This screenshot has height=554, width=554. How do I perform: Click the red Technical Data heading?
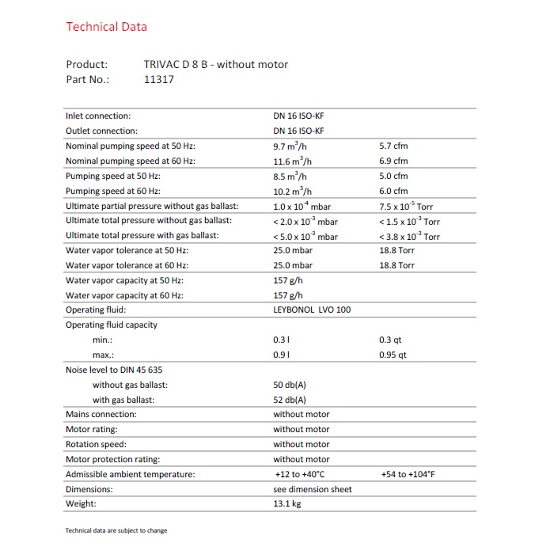coord(106,27)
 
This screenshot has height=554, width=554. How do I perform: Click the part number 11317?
coord(159,79)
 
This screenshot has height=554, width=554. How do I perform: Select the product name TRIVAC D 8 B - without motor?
coord(215,64)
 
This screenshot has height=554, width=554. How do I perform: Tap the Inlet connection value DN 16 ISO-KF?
coord(298,116)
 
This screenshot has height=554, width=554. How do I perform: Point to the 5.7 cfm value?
coord(393,146)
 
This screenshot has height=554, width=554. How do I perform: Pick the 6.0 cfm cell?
coord(393,191)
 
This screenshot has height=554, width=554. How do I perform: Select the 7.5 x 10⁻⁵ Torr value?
coord(406,206)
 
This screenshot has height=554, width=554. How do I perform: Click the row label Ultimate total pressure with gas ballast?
coord(142,236)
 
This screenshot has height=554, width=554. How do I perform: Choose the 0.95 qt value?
coord(393,355)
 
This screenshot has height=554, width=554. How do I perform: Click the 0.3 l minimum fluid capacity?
coord(281,340)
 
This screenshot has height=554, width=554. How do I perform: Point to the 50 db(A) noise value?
coord(289,385)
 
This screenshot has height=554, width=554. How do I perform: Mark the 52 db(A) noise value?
coord(289,400)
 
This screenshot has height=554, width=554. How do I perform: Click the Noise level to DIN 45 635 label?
coord(114,370)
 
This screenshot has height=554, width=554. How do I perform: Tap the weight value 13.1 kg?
coord(287,503)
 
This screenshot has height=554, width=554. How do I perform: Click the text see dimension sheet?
coord(313,489)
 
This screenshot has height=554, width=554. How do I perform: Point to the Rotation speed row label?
coord(96,444)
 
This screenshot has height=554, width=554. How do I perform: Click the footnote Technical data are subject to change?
coord(116,530)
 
